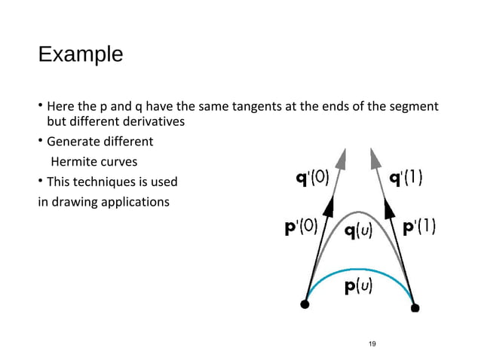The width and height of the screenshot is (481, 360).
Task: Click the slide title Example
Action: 80,55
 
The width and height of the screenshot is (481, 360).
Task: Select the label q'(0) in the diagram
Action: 311,179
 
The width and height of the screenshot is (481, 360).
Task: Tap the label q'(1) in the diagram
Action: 405,179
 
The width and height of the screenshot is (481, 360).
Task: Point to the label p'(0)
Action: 301,228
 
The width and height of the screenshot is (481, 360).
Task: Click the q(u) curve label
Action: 360,231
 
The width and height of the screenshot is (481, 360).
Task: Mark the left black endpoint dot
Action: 305,304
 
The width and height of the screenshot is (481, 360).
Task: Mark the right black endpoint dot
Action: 415,307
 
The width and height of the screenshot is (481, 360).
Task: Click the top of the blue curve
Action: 359,268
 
